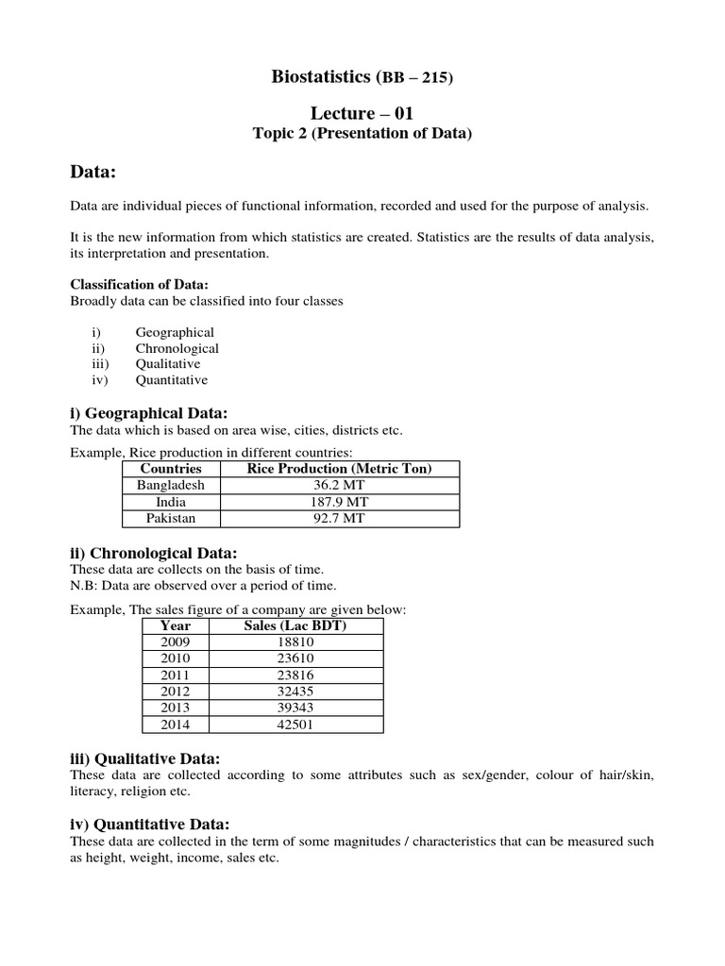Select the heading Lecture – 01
362,113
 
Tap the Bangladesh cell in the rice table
171,485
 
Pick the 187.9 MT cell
339,502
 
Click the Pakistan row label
171,519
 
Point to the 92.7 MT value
339,519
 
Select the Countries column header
171,469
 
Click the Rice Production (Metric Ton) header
339,469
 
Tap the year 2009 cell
176,641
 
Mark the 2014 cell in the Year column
176,725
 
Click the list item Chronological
177,348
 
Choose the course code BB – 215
416,78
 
